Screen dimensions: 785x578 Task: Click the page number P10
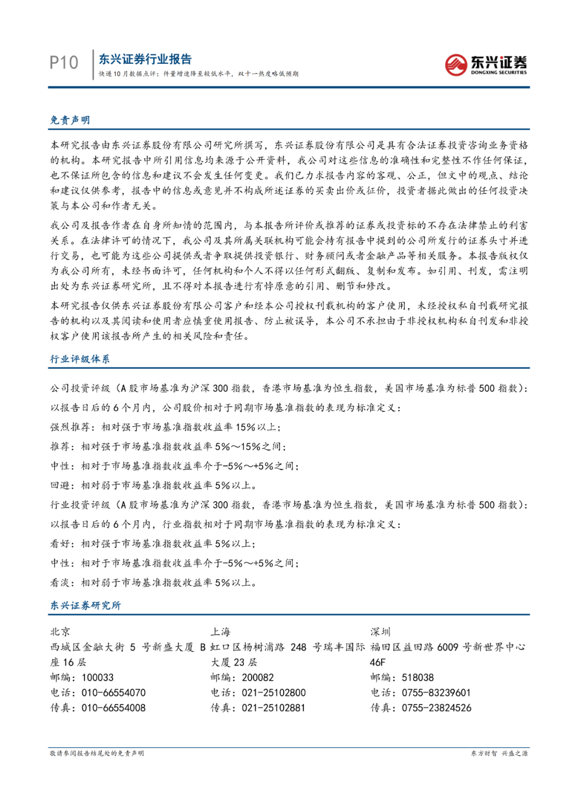click(64, 63)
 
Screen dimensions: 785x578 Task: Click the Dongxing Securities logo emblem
click(456, 65)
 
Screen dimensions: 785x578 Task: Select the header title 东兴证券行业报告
click(145, 59)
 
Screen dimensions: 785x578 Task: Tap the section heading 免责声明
click(70, 120)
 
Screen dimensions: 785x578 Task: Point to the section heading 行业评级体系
click(80, 359)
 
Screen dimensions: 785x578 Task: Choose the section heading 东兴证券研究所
click(86, 605)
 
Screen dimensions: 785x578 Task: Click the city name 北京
click(60, 632)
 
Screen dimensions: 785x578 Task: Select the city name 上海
click(220, 632)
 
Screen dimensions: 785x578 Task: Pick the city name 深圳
click(381, 632)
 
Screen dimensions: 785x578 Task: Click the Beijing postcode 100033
click(97, 677)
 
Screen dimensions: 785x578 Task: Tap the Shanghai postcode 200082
click(257, 677)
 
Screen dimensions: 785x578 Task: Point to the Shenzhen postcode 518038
click(417, 677)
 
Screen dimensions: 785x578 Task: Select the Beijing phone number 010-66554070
click(113, 692)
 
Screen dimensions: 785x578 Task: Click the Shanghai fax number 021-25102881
click(273, 707)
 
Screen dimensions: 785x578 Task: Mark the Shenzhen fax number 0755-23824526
click(437, 707)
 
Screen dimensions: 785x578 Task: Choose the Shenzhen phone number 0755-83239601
click(436, 692)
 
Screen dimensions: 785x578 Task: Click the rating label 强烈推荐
click(70, 427)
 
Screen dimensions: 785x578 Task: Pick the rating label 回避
click(60, 485)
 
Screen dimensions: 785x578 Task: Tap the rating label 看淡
click(60, 582)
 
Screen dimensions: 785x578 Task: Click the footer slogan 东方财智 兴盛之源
click(499, 753)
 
